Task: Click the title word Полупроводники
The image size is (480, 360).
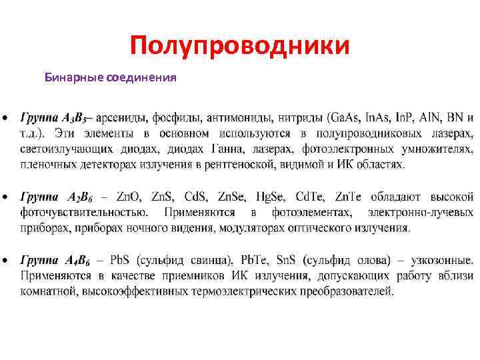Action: pyautogui.click(x=239, y=46)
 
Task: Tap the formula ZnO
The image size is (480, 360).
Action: pyautogui.click(x=130, y=197)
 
